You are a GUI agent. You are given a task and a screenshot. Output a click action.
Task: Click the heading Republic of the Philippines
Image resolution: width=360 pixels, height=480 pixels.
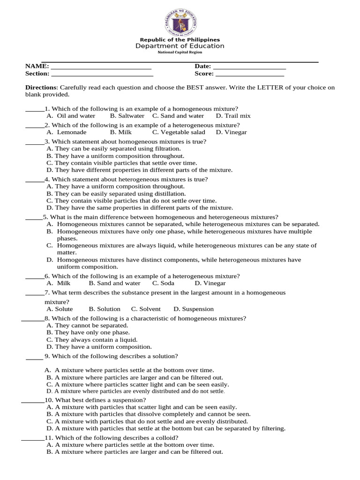(180, 40)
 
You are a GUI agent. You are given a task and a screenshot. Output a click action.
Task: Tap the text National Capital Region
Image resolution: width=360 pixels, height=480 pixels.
(180, 52)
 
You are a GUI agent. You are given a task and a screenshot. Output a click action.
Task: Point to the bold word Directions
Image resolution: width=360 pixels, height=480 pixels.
(41, 88)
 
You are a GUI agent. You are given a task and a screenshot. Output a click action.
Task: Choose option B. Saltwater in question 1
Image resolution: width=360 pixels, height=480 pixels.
(127, 116)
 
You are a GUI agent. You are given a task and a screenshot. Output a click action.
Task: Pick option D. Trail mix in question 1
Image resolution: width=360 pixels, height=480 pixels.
(233, 116)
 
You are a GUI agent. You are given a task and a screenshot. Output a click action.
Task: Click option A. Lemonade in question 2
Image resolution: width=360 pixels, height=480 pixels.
(67, 132)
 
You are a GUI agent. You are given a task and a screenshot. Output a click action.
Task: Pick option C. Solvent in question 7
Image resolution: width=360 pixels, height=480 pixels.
(146, 309)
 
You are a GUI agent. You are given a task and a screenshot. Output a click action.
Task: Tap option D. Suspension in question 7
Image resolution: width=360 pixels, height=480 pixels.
(193, 309)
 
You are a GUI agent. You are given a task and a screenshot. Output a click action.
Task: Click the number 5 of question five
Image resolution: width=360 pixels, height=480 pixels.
(45, 217)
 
